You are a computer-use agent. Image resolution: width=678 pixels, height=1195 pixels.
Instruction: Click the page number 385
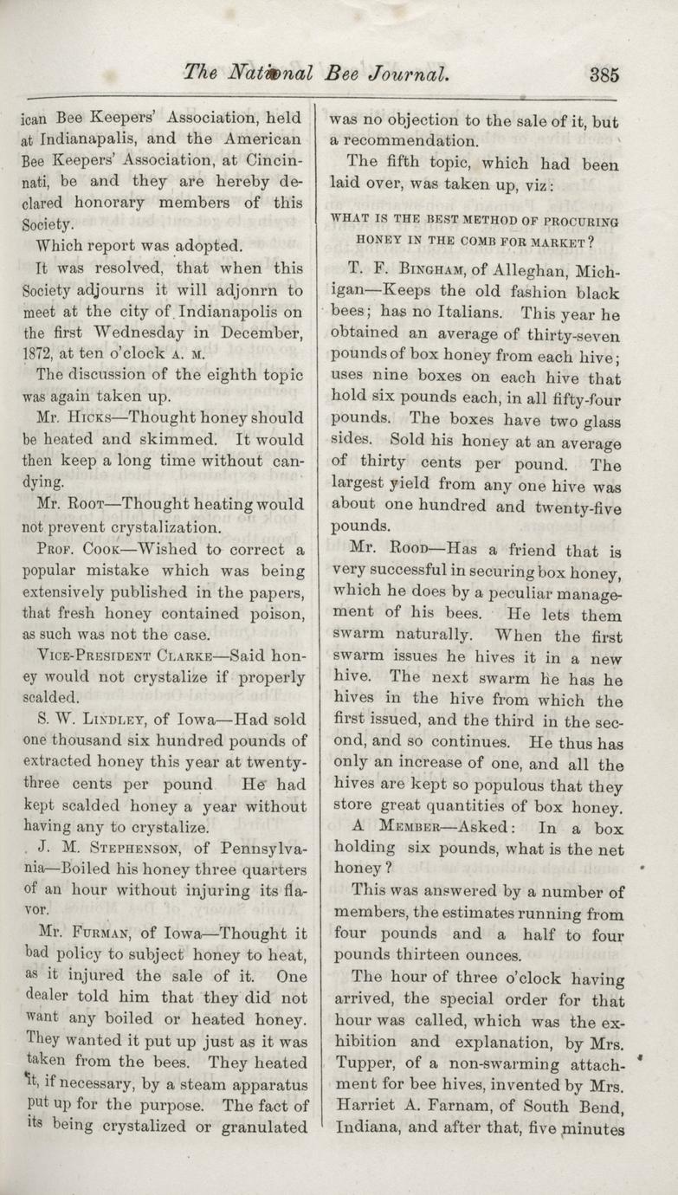click(604, 74)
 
